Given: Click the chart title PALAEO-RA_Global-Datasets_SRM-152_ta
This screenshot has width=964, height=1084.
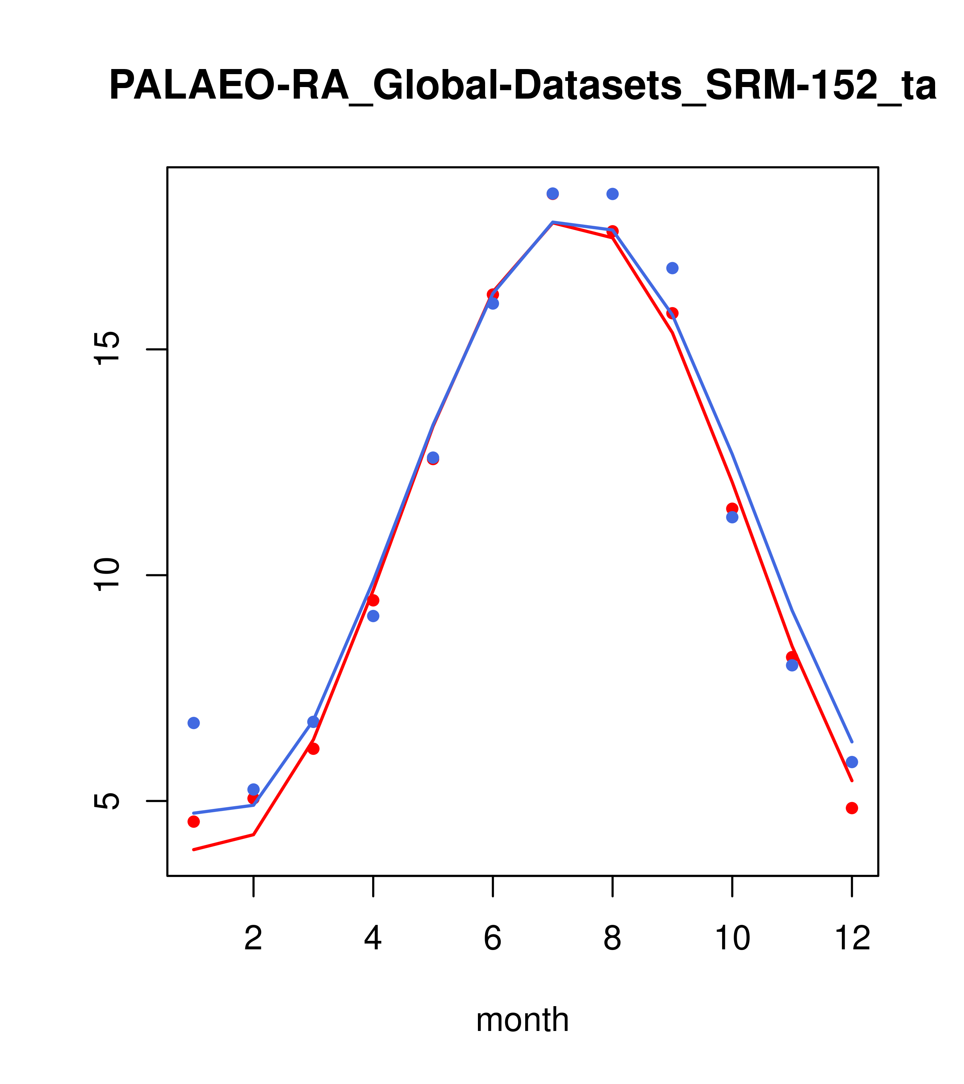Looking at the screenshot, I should pos(522,86).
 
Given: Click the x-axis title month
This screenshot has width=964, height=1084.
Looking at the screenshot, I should pos(522,1019).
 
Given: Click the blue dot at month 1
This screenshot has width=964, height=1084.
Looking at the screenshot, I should pos(194,723).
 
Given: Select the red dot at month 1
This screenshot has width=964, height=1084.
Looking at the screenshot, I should pos(194,822).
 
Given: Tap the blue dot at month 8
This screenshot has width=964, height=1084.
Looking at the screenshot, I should pos(612,194).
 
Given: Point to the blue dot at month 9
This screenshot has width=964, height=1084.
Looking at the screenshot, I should pos(672,268).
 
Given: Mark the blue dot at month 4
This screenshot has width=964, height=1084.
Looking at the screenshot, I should pos(373,616).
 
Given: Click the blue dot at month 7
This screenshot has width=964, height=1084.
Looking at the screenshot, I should pos(553,193).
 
